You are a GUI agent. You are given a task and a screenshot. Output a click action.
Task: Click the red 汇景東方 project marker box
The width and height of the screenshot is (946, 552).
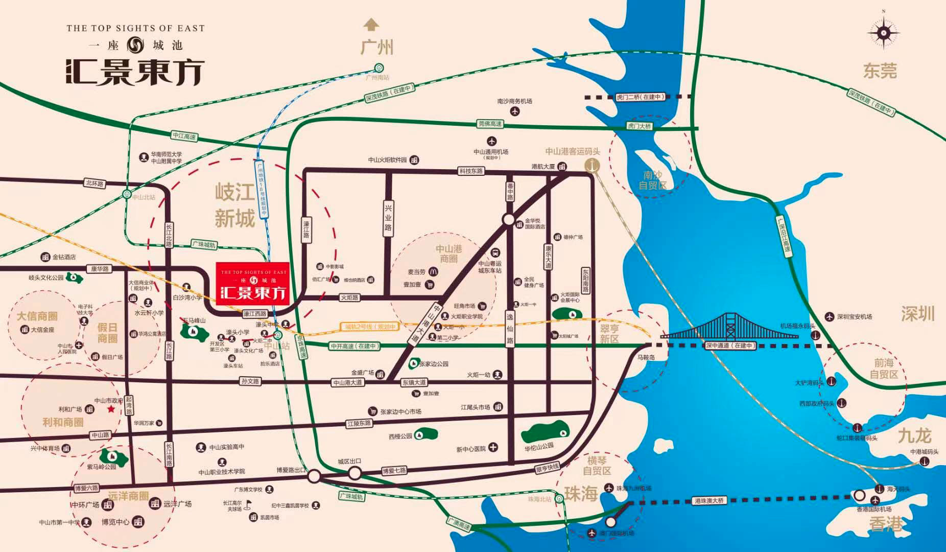[252, 284]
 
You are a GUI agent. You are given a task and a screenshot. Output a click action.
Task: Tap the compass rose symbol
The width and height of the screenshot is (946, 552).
[883, 33]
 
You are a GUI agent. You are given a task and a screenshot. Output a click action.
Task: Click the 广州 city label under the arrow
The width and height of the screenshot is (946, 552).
[377, 48]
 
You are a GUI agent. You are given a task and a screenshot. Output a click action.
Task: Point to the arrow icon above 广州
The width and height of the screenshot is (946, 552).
[371, 24]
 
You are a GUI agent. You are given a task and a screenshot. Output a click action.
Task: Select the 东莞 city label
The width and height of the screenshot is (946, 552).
[880, 71]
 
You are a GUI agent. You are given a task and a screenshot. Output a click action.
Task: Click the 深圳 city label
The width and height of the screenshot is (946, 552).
[917, 313]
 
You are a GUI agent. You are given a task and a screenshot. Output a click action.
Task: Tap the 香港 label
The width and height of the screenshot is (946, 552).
[886, 524]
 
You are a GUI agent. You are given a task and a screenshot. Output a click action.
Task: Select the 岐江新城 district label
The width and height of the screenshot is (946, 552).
[234, 205]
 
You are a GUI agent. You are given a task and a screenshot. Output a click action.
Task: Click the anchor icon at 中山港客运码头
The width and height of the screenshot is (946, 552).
[593, 165]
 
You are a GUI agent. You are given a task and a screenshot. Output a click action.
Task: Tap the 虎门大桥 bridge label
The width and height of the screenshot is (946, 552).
[639, 126]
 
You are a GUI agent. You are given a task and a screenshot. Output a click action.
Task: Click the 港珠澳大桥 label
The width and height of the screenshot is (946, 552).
[709, 500]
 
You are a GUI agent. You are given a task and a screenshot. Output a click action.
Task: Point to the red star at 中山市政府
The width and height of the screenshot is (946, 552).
[111, 409]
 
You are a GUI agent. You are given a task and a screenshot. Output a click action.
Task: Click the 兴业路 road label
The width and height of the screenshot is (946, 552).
[388, 218]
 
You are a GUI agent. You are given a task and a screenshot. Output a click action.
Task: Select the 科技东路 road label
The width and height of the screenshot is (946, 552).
[470, 171]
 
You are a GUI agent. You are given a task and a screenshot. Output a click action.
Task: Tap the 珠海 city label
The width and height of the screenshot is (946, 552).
[581, 494]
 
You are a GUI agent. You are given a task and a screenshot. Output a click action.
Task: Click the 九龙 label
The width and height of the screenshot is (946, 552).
[914, 436]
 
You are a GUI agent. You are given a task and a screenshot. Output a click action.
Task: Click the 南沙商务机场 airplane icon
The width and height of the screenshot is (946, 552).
[514, 111]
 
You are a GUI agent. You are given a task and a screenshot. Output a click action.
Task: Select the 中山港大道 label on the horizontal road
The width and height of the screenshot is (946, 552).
[347, 382]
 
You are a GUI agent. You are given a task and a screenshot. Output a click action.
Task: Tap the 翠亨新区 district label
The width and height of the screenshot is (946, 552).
[609, 334]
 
